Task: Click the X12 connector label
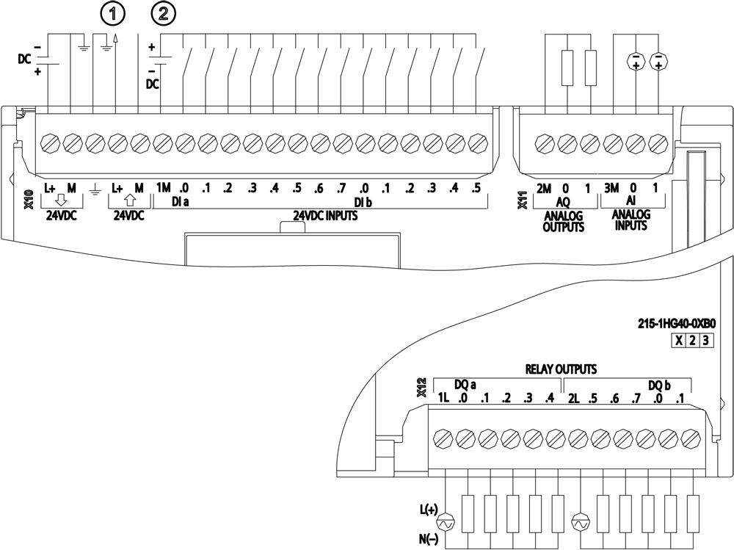(421, 388)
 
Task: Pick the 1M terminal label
(163, 188)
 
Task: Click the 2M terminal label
(544, 189)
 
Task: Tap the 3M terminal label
(611, 189)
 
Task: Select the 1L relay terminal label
(443, 398)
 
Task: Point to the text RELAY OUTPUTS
(560, 369)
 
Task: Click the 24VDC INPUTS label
(319, 216)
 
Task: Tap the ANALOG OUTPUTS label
(563, 221)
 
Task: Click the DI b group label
(363, 202)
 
